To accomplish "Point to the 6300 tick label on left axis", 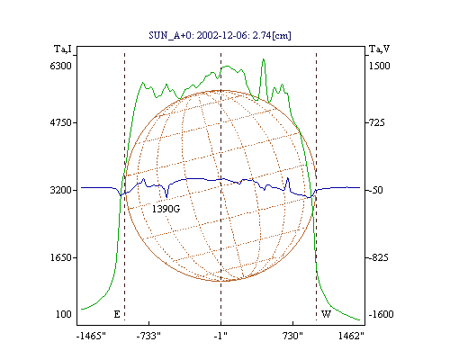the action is point(60,66).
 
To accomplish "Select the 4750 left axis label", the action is point(60,122).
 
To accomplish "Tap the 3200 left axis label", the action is point(60,190).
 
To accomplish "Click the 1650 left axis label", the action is point(60,257).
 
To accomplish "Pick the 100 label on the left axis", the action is point(64,314).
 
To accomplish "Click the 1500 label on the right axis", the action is point(379,66).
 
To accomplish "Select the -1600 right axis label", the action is point(381,314).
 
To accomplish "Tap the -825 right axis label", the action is point(378,257).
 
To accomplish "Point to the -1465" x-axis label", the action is point(91,336).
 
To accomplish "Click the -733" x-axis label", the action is point(148,336).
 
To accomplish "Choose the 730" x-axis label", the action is point(292,336).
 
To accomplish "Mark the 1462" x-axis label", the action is point(351,336).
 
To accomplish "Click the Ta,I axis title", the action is point(63,49).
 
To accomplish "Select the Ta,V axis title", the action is point(379,49).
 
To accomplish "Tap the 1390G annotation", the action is point(166,209).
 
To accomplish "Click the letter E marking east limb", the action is point(117,314).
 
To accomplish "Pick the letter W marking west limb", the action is point(326,314).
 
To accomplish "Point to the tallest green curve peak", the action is point(264,59).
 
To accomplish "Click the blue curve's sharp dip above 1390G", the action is point(166,196).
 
